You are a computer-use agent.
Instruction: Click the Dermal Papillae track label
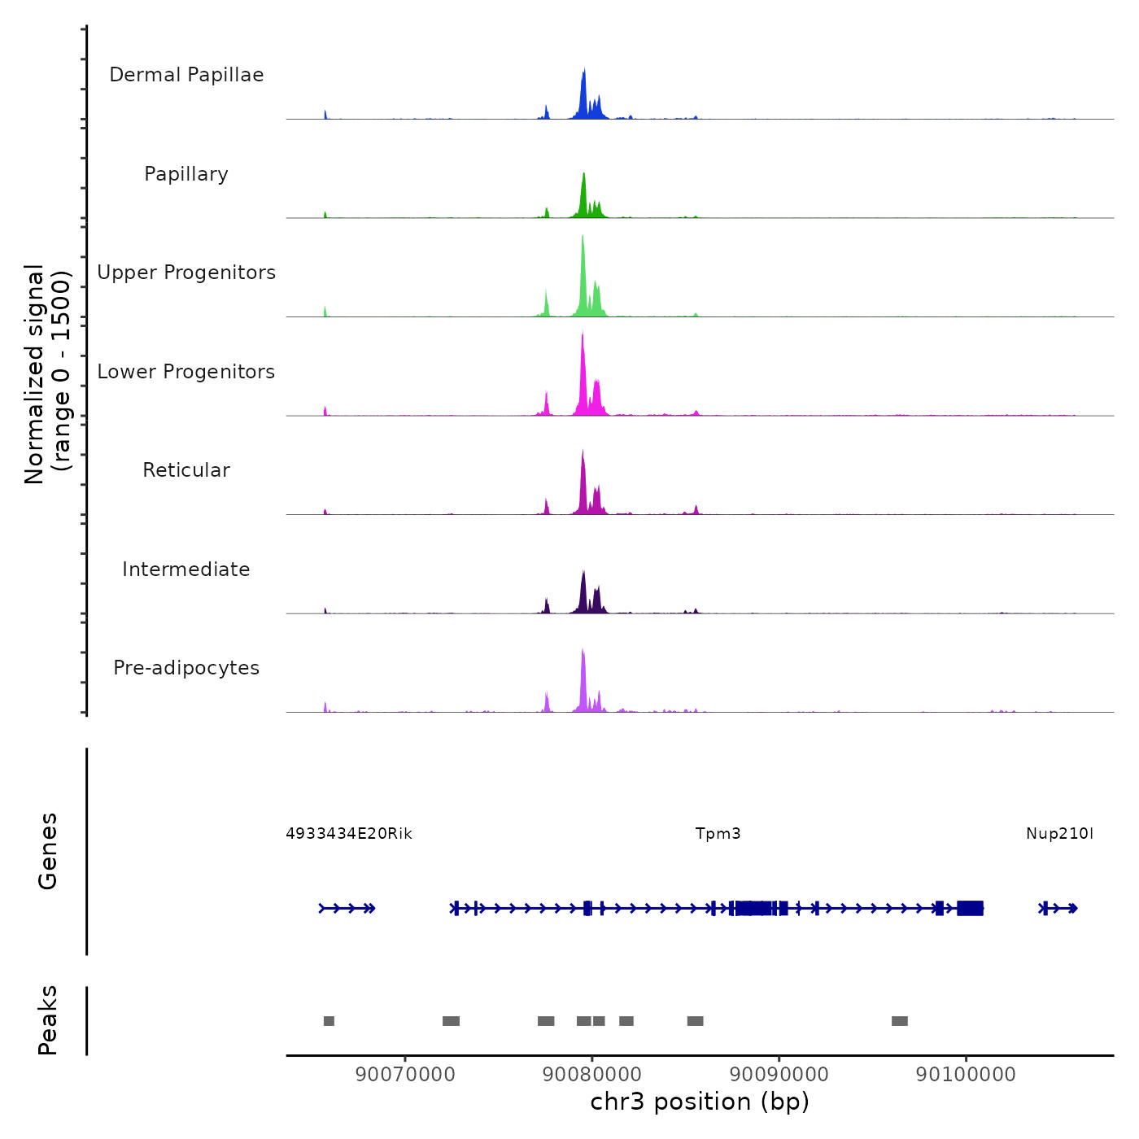(x=186, y=75)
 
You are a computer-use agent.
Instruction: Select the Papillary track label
(x=186, y=174)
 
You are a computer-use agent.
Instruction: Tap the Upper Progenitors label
(x=186, y=273)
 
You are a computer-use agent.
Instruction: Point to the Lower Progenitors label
(x=186, y=372)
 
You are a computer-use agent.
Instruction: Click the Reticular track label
(x=186, y=470)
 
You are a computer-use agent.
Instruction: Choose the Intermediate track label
(x=186, y=569)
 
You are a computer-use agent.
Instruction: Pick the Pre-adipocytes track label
(x=186, y=668)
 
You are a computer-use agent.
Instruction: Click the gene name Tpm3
(x=718, y=834)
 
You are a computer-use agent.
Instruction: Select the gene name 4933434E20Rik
(x=349, y=834)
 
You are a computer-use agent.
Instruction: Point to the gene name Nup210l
(x=1059, y=834)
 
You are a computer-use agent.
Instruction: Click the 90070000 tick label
(x=405, y=1074)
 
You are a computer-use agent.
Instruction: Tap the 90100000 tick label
(x=966, y=1074)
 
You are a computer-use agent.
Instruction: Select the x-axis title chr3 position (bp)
(x=700, y=1102)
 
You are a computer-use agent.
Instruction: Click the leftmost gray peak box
(x=329, y=1021)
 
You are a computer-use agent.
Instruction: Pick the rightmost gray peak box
(x=899, y=1021)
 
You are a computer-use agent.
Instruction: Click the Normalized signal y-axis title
(x=48, y=374)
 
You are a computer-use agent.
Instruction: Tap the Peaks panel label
(x=48, y=1020)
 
